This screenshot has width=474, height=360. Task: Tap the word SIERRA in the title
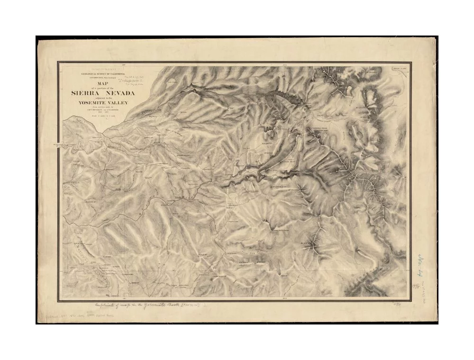(86, 93)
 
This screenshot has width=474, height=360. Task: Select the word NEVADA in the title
(118, 93)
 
